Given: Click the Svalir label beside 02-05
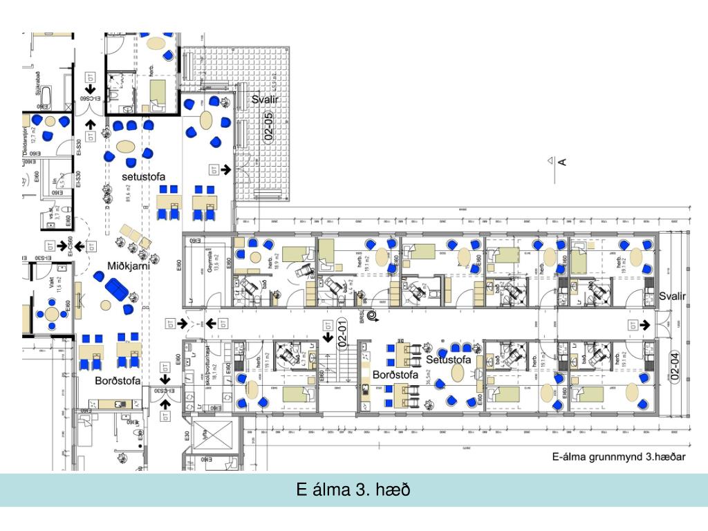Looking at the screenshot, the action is click(266, 101).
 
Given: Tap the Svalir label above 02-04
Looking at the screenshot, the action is click(672, 296).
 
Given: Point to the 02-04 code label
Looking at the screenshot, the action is click(676, 366).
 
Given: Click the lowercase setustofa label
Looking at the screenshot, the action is click(143, 177).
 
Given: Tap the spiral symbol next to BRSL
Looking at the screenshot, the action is click(373, 316).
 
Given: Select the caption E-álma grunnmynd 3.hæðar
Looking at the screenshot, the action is click(618, 457).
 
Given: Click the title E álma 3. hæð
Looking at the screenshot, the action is click(353, 490).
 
